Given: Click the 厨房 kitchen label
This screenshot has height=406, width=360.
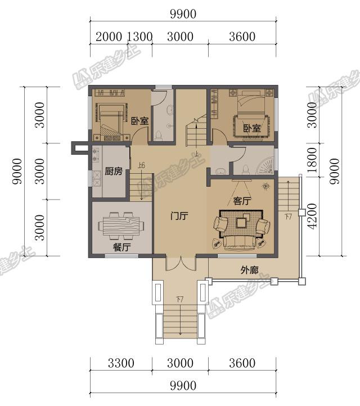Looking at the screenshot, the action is (x=114, y=171).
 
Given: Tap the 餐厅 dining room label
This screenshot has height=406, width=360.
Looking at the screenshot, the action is (x=121, y=247).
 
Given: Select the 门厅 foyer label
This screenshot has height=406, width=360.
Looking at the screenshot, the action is (x=179, y=216).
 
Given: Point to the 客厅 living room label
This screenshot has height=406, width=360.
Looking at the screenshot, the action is (x=242, y=201).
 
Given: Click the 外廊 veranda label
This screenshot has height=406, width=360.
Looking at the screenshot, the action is (x=249, y=270).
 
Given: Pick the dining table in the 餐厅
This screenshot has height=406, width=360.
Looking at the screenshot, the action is (x=121, y=226).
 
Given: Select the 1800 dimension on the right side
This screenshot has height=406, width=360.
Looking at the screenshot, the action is (x=312, y=160).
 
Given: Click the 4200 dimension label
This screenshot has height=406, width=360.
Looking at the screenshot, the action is (x=312, y=216).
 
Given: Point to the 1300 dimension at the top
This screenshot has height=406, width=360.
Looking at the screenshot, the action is (x=139, y=37).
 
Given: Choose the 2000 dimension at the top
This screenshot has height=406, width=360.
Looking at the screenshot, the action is (x=109, y=37).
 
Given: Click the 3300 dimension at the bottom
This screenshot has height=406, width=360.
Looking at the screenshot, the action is (x=121, y=363).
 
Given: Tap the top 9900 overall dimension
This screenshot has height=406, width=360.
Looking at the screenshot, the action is (x=183, y=14).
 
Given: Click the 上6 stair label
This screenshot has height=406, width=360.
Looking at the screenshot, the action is (x=141, y=165).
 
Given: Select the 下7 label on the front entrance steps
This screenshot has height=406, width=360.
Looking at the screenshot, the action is (x=180, y=300).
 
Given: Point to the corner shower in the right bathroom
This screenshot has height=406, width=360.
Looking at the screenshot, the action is (x=265, y=165).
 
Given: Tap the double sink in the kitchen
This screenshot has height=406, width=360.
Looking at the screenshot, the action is (x=97, y=179).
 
